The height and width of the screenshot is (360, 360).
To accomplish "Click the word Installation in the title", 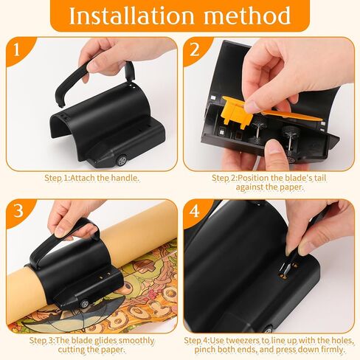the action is pyautogui.click(x=132, y=15).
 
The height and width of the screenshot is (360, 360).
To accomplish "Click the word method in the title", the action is pyautogui.click(x=247, y=15).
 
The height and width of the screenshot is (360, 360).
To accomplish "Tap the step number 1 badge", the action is pyautogui.click(x=17, y=49).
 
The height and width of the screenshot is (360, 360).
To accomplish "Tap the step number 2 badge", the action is pyautogui.click(x=195, y=49).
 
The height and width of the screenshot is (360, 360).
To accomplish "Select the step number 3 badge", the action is pyautogui.click(x=18, y=210).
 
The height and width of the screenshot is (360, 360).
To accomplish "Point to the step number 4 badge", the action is pyautogui.click(x=194, y=210).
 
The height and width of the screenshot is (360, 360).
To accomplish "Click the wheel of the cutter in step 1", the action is pyautogui.click(x=122, y=160).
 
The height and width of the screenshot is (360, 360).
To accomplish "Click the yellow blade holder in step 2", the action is pyautogui.click(x=238, y=111).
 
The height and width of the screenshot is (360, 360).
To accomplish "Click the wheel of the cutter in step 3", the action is pyautogui.click(x=85, y=303).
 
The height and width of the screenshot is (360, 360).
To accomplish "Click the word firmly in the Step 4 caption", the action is pyautogui.click(x=332, y=350).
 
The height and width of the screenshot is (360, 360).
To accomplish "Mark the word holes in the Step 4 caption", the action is pyautogui.click(x=342, y=341).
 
